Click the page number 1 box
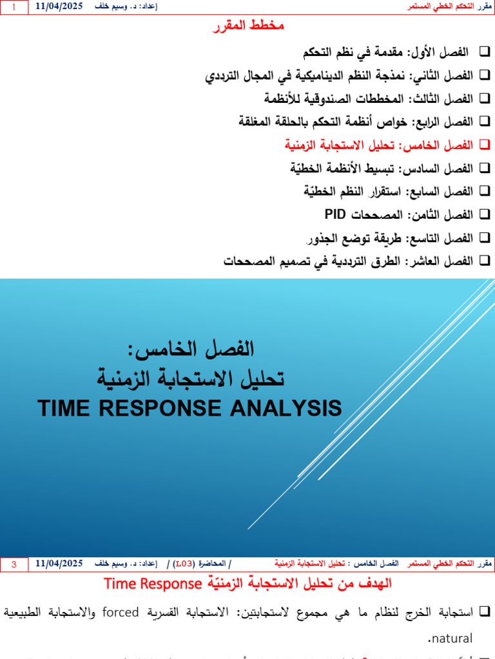pyautogui.click(x=14, y=6)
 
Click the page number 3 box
pyautogui.click(x=14, y=564)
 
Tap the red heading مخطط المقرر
pyautogui.click(x=248, y=26)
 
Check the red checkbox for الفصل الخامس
pyautogui.click(x=485, y=145)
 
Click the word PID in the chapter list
pyautogui.click(x=336, y=214)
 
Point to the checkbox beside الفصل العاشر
pyautogui.click(x=485, y=261)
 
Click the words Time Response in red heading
pyautogui.click(x=153, y=584)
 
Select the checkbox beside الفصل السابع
pyautogui.click(x=485, y=191)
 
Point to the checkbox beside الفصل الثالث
pyautogui.click(x=485, y=98)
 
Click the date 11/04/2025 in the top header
pyautogui.click(x=59, y=6)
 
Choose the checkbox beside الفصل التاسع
pyautogui.click(x=485, y=237)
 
